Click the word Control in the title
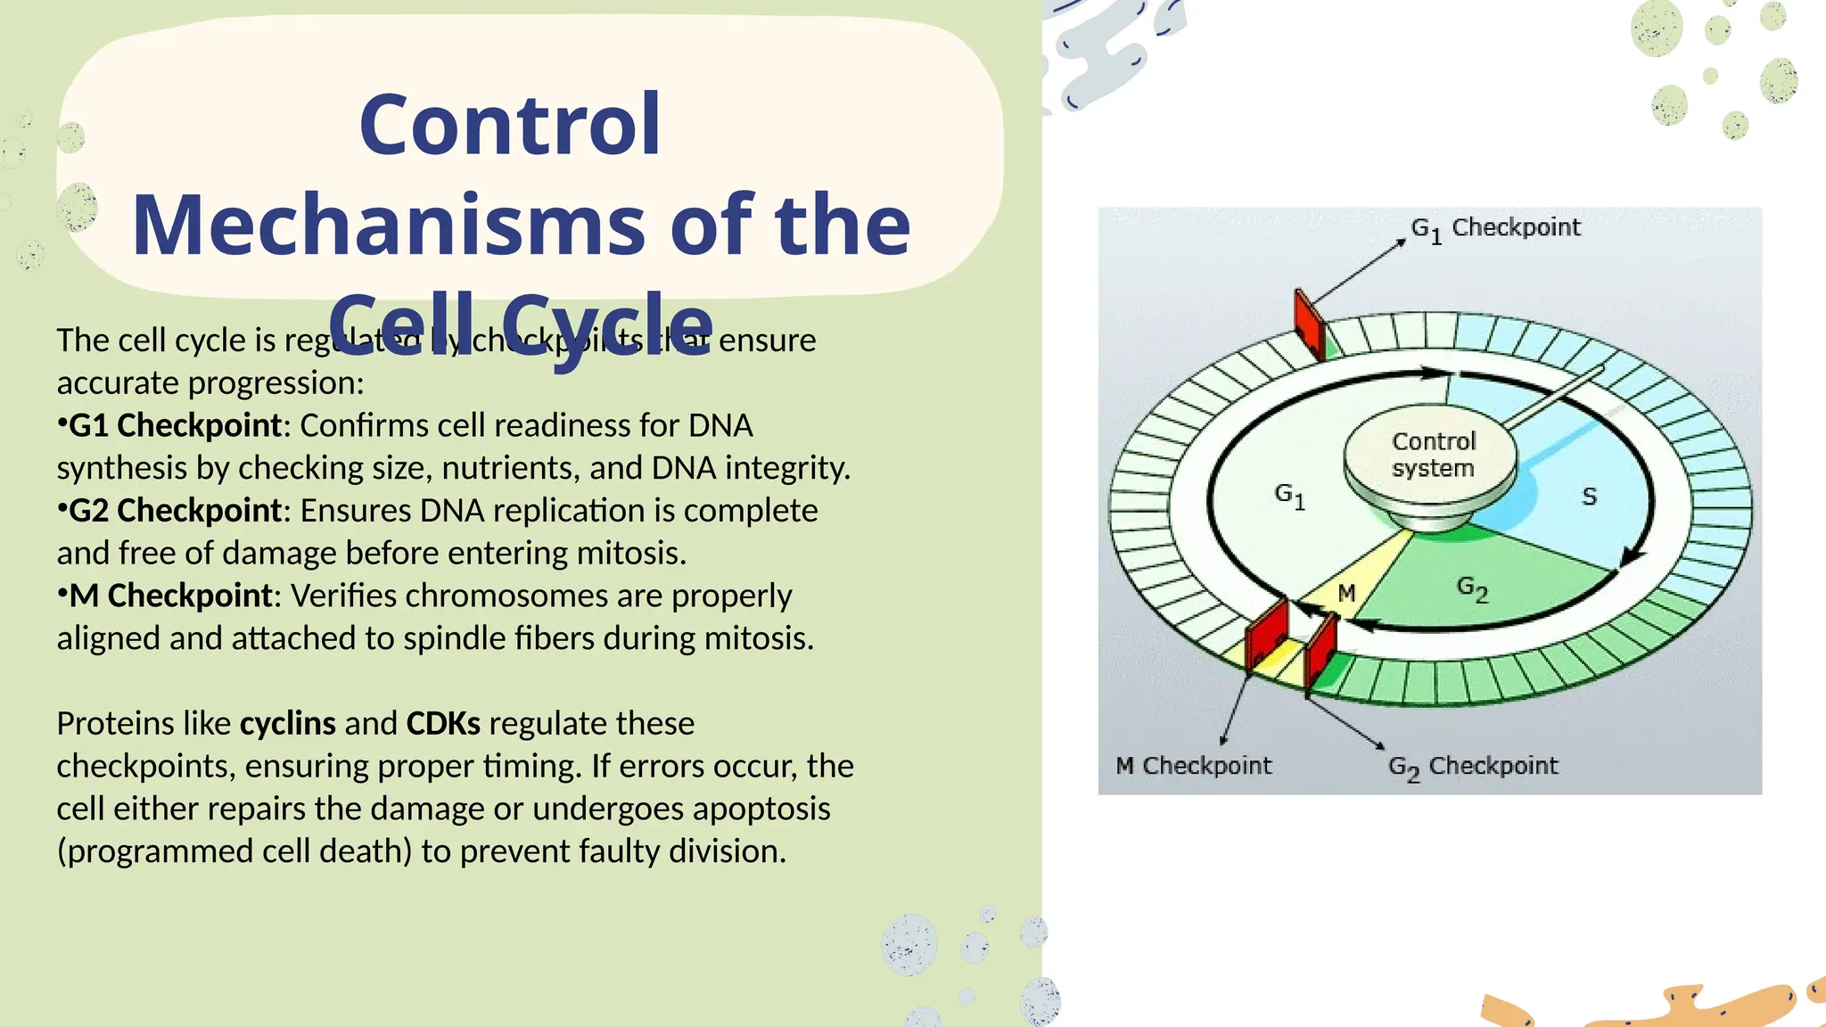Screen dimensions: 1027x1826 coord(509,125)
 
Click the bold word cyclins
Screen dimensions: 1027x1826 coord(288,723)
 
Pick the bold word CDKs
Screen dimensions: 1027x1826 coord(443,723)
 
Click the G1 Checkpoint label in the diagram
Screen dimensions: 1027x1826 coord(1495,228)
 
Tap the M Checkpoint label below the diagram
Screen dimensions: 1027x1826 coord(1194,766)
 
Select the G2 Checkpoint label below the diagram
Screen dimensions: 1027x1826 coord(1473,767)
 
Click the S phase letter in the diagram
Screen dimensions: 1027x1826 coord(1589,497)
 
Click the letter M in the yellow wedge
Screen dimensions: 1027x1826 coord(1346,593)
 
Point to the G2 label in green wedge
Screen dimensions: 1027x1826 coord(1472,588)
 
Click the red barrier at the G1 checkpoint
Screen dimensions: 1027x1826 coord(1309,325)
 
